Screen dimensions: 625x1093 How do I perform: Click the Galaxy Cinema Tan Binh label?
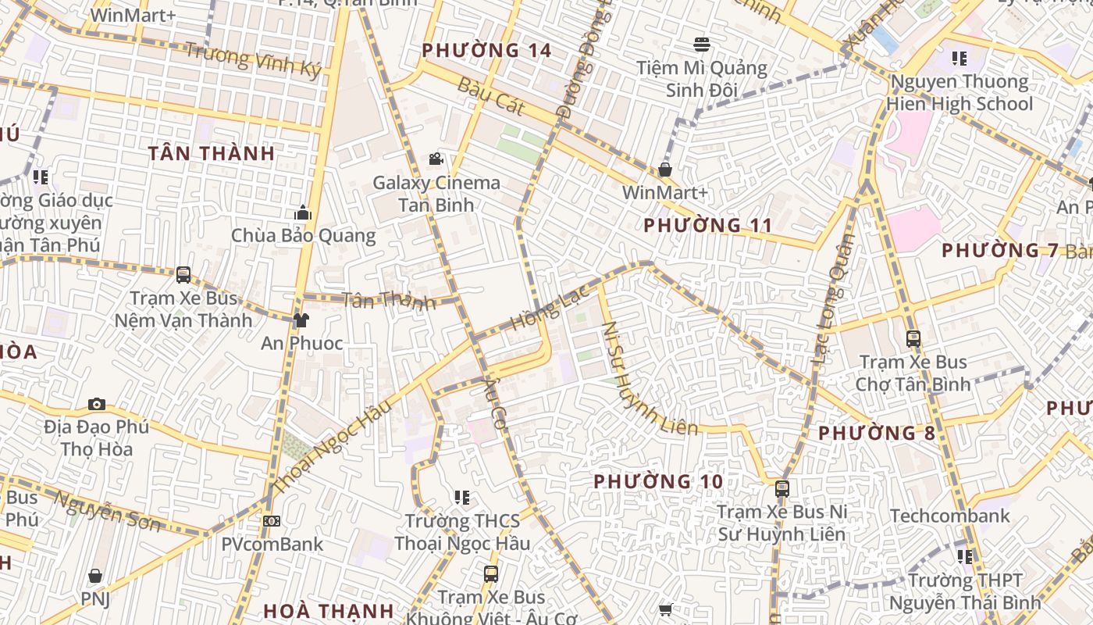point(436,194)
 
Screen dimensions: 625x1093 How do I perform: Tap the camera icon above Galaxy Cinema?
point(436,159)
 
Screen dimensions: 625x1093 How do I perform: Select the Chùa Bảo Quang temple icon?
point(303,213)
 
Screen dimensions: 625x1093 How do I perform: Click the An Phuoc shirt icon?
point(301,320)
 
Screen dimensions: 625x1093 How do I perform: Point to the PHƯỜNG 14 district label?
point(486,51)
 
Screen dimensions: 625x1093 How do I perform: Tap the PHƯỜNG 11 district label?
point(707,226)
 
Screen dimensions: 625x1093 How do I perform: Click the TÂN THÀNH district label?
point(212,153)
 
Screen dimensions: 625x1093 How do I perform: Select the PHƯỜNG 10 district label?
point(658,481)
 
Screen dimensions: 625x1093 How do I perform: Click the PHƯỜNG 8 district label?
point(876,433)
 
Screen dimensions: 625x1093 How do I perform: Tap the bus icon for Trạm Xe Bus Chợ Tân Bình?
point(913,339)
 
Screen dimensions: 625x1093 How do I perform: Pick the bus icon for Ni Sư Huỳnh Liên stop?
point(781,489)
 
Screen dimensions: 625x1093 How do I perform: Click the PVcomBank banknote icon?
point(271,521)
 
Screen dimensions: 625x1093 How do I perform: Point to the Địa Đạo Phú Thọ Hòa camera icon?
point(97,404)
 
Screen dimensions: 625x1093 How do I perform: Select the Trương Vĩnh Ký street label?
point(253,59)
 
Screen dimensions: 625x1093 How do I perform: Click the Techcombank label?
point(949,516)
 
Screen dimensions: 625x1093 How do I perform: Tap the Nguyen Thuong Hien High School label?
point(959,93)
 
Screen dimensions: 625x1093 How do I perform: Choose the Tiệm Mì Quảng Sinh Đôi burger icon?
point(701,44)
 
